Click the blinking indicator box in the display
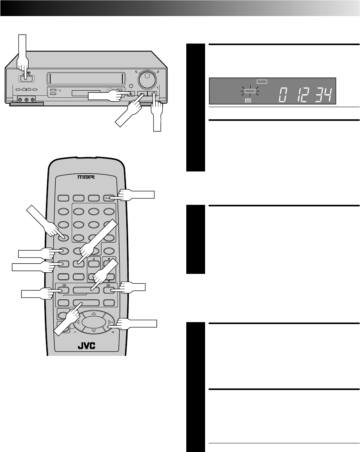(x=250, y=91)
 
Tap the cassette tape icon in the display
(x=248, y=100)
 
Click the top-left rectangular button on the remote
(x=64, y=199)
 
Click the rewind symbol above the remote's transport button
(x=63, y=286)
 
